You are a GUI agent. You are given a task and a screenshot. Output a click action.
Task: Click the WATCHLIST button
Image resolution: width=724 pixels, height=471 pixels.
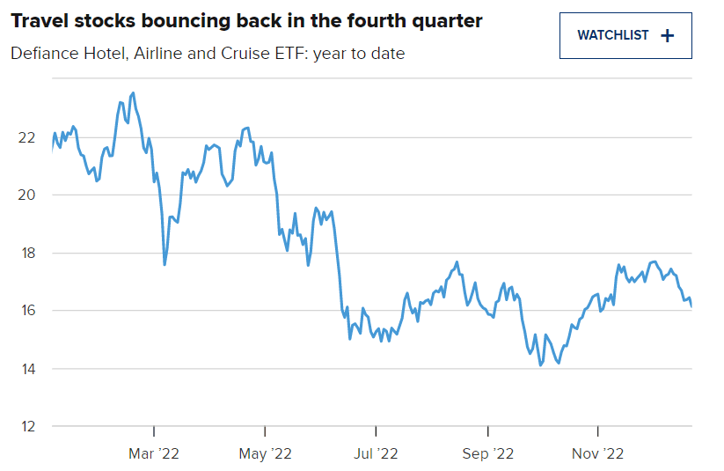625,36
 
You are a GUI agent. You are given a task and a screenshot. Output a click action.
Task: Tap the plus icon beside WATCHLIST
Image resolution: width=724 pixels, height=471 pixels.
668,36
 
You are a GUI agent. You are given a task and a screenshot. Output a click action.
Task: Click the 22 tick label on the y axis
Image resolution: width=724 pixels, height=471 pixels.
26,137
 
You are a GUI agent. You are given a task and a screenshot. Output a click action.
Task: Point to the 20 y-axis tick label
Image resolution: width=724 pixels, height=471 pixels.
26,195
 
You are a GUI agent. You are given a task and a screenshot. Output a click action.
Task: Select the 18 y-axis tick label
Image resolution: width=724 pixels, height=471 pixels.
26,253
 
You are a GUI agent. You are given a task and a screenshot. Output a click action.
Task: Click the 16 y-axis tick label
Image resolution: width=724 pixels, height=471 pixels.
26,311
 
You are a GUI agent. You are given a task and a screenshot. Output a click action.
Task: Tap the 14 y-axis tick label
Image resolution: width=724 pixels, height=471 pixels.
26,369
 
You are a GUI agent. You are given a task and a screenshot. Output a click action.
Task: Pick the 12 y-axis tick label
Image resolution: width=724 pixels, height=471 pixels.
26,426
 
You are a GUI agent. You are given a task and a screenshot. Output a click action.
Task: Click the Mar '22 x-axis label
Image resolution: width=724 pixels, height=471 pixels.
154,454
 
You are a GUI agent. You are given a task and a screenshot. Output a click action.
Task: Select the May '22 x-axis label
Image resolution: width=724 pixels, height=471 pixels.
265,454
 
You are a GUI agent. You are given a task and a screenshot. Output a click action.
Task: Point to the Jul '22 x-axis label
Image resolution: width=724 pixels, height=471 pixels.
376,454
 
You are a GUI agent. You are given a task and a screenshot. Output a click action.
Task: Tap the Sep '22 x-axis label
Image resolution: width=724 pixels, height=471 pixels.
487,454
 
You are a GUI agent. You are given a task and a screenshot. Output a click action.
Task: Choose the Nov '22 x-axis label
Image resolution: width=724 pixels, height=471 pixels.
598,454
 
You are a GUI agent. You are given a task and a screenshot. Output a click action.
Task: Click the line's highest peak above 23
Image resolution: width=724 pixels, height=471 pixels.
133,92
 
